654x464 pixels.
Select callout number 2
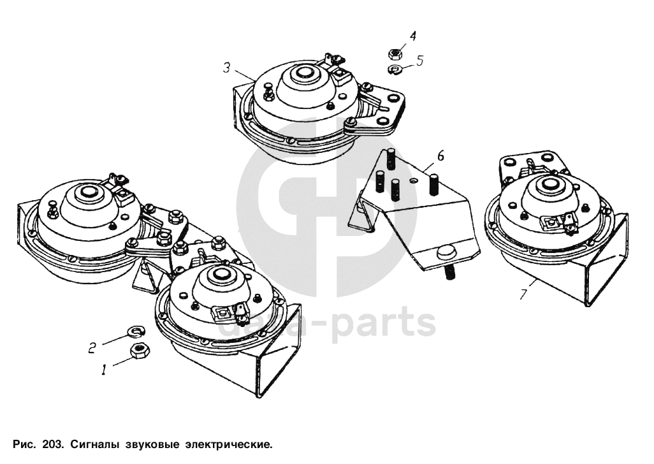(92, 347)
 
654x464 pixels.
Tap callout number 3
(226, 67)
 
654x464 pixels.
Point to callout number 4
(412, 36)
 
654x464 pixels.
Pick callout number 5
(419, 61)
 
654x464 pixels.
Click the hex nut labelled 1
(140, 351)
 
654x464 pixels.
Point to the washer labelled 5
(395, 69)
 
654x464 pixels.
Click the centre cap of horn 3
(303, 73)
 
